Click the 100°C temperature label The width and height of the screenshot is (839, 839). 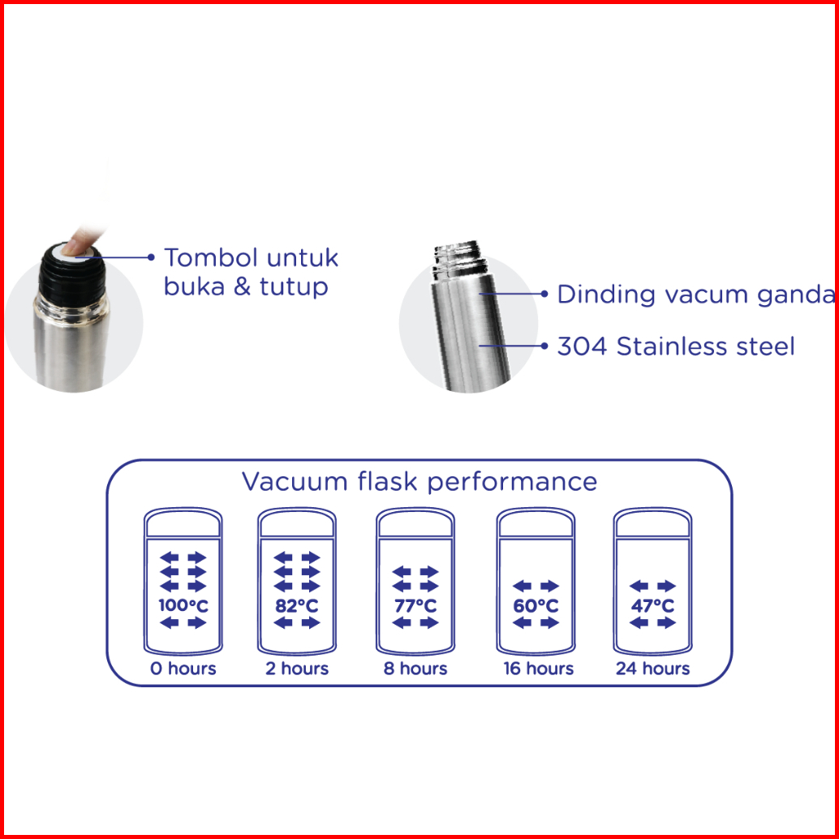[183, 605]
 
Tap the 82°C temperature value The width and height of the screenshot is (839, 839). [296, 605]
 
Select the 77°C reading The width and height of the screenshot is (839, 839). [415, 605]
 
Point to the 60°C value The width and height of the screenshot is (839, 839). [536, 605]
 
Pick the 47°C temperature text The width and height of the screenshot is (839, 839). [653, 605]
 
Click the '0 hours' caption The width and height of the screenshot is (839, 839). [183, 669]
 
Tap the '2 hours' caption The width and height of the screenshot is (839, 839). [297, 669]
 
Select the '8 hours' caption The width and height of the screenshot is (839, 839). [415, 669]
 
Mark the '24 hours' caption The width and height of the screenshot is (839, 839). [653, 669]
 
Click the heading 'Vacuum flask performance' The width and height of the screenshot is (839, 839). [419, 481]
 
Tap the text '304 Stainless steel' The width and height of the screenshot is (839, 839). [676, 346]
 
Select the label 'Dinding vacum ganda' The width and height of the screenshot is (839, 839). [695, 294]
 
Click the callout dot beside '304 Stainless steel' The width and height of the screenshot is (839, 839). [544, 346]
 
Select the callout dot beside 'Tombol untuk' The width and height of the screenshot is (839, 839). [151, 257]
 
